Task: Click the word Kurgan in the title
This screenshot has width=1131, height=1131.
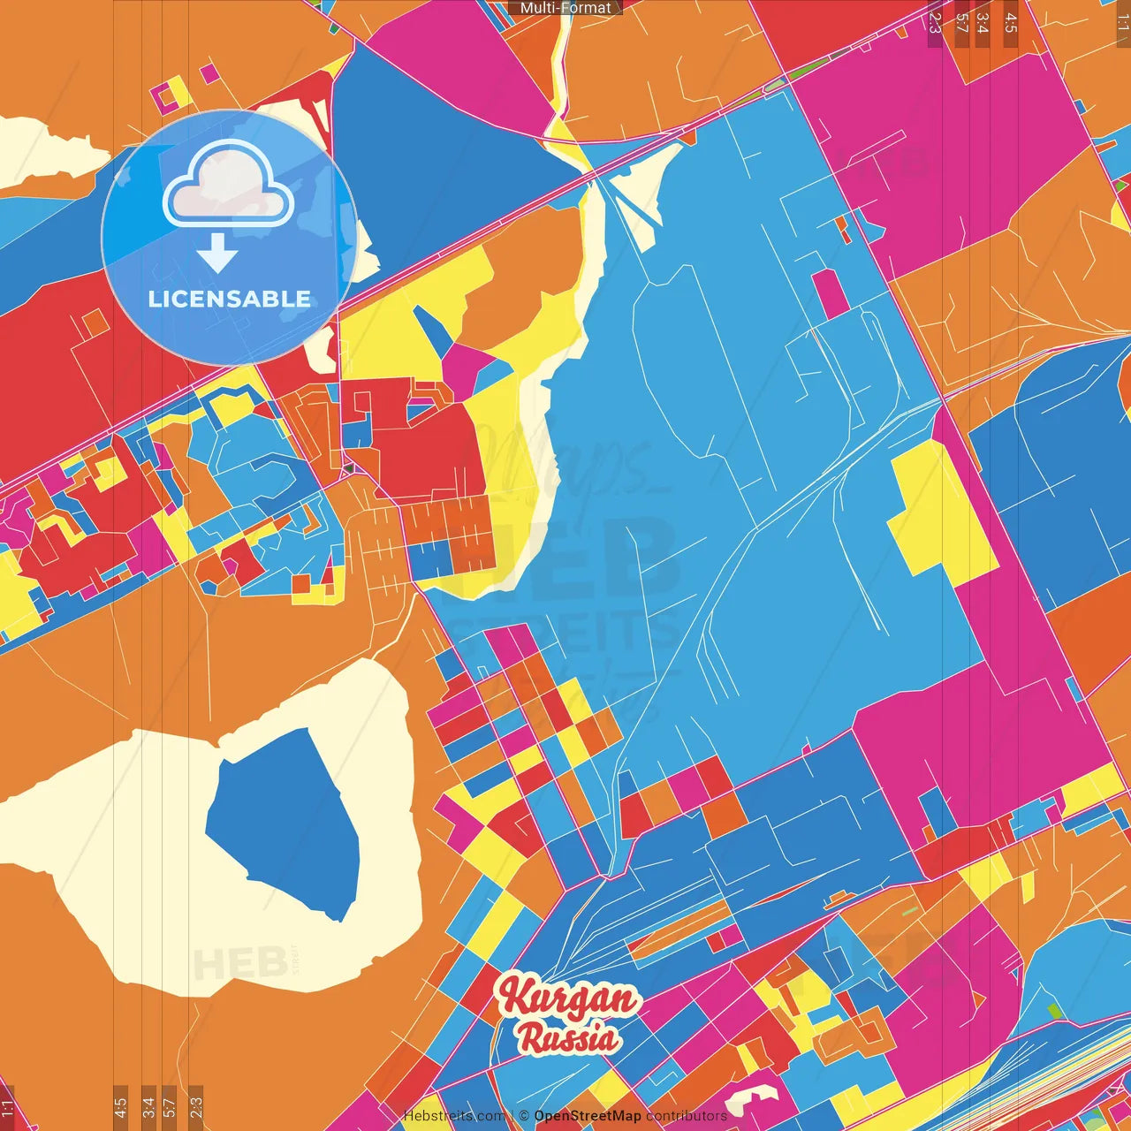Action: (568, 998)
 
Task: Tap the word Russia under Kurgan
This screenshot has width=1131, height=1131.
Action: (568, 1036)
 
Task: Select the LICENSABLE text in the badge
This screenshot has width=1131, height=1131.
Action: (230, 299)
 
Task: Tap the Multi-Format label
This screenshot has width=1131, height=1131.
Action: (565, 8)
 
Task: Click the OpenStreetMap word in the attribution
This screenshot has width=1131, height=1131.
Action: (588, 1116)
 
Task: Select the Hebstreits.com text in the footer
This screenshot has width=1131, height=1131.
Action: (454, 1116)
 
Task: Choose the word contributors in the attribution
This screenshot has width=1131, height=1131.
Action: (687, 1116)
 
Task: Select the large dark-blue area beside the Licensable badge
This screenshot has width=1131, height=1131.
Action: (442, 133)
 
